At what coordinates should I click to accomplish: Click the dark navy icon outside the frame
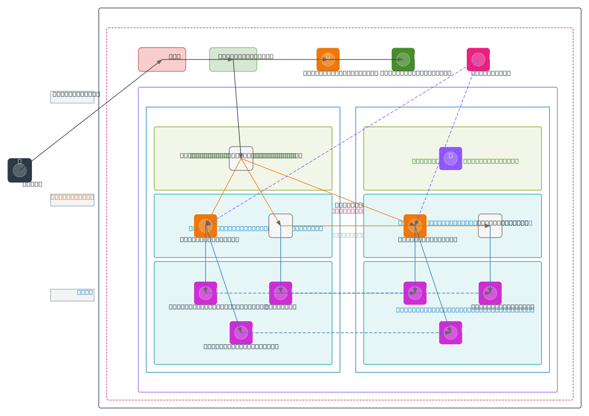point(20,170)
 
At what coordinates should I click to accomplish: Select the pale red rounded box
point(162,59)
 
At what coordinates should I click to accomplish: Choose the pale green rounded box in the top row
point(233,59)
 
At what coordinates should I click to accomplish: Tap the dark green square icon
point(403,59)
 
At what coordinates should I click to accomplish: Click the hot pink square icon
point(478,59)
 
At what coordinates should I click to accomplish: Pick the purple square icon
point(451,158)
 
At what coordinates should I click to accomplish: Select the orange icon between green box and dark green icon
point(328,59)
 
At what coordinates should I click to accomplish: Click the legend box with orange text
point(72,200)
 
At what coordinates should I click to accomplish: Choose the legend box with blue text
point(72,295)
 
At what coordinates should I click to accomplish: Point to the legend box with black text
point(72,96)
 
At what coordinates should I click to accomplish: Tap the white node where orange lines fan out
point(241,158)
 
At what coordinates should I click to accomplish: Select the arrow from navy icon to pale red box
point(91,115)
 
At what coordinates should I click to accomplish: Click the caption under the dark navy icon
point(32,184)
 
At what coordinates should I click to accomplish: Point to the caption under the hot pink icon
point(491,73)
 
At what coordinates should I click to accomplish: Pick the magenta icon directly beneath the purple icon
point(451,333)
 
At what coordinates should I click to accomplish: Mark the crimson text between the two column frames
point(348,211)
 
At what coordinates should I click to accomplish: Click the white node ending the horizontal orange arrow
point(490,226)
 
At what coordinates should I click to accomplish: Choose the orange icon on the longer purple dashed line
point(206,226)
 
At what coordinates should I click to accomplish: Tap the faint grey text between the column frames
point(348,235)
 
